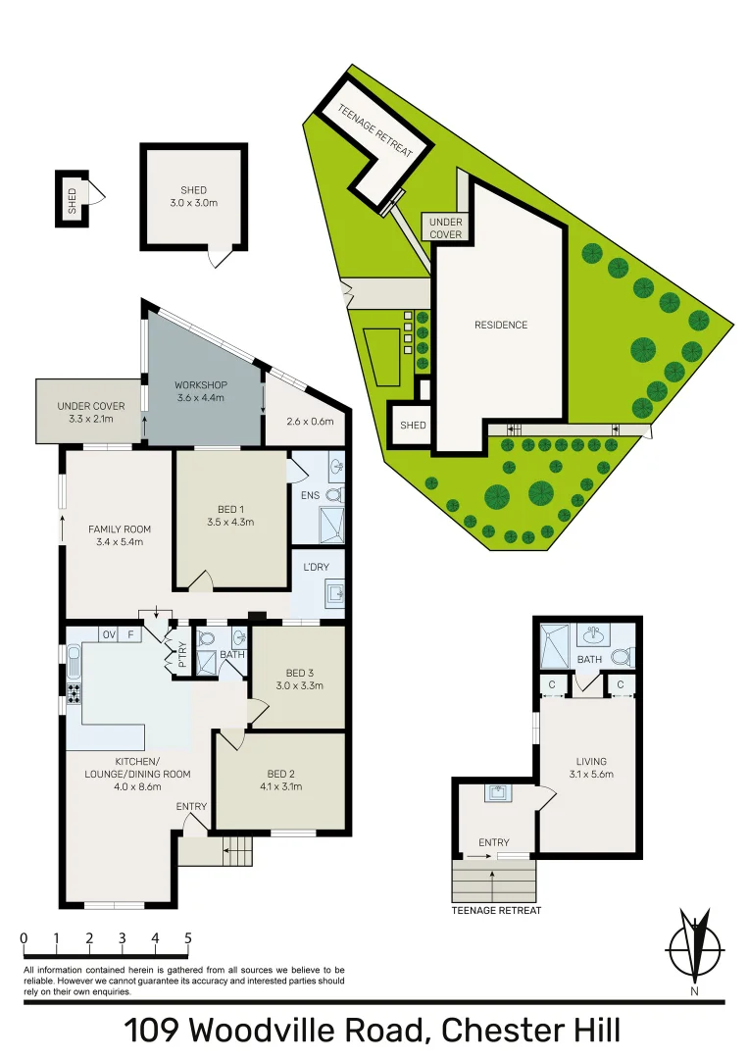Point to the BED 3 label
tap(299, 673)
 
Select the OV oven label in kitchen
tap(110, 634)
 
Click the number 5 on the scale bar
tap(187, 938)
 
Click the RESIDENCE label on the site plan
tap(500, 326)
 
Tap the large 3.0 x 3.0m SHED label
tap(193, 197)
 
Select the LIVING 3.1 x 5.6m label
tap(591, 768)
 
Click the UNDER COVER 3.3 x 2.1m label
tap(91, 413)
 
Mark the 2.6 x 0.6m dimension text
tap(310, 422)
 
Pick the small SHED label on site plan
tap(414, 426)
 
